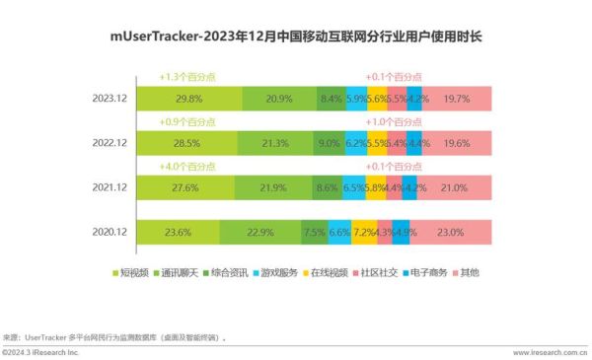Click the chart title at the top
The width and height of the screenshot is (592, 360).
296,37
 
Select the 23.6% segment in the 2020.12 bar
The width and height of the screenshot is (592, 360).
179,232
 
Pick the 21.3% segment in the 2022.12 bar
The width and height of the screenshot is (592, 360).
275,142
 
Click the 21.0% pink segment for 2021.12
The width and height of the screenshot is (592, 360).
455,187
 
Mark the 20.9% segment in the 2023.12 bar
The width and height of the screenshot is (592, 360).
280,98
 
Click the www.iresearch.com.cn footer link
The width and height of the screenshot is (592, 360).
549,352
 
